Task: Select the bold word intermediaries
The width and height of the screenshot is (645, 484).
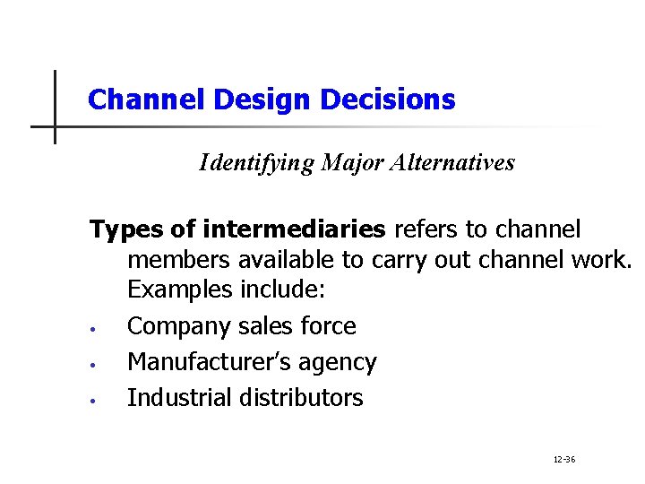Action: click(295, 230)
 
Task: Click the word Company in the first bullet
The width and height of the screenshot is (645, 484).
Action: click(179, 327)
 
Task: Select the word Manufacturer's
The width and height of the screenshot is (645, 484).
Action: click(211, 362)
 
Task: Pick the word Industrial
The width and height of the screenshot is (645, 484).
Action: click(178, 398)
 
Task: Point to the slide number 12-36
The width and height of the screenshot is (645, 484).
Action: click(564, 460)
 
